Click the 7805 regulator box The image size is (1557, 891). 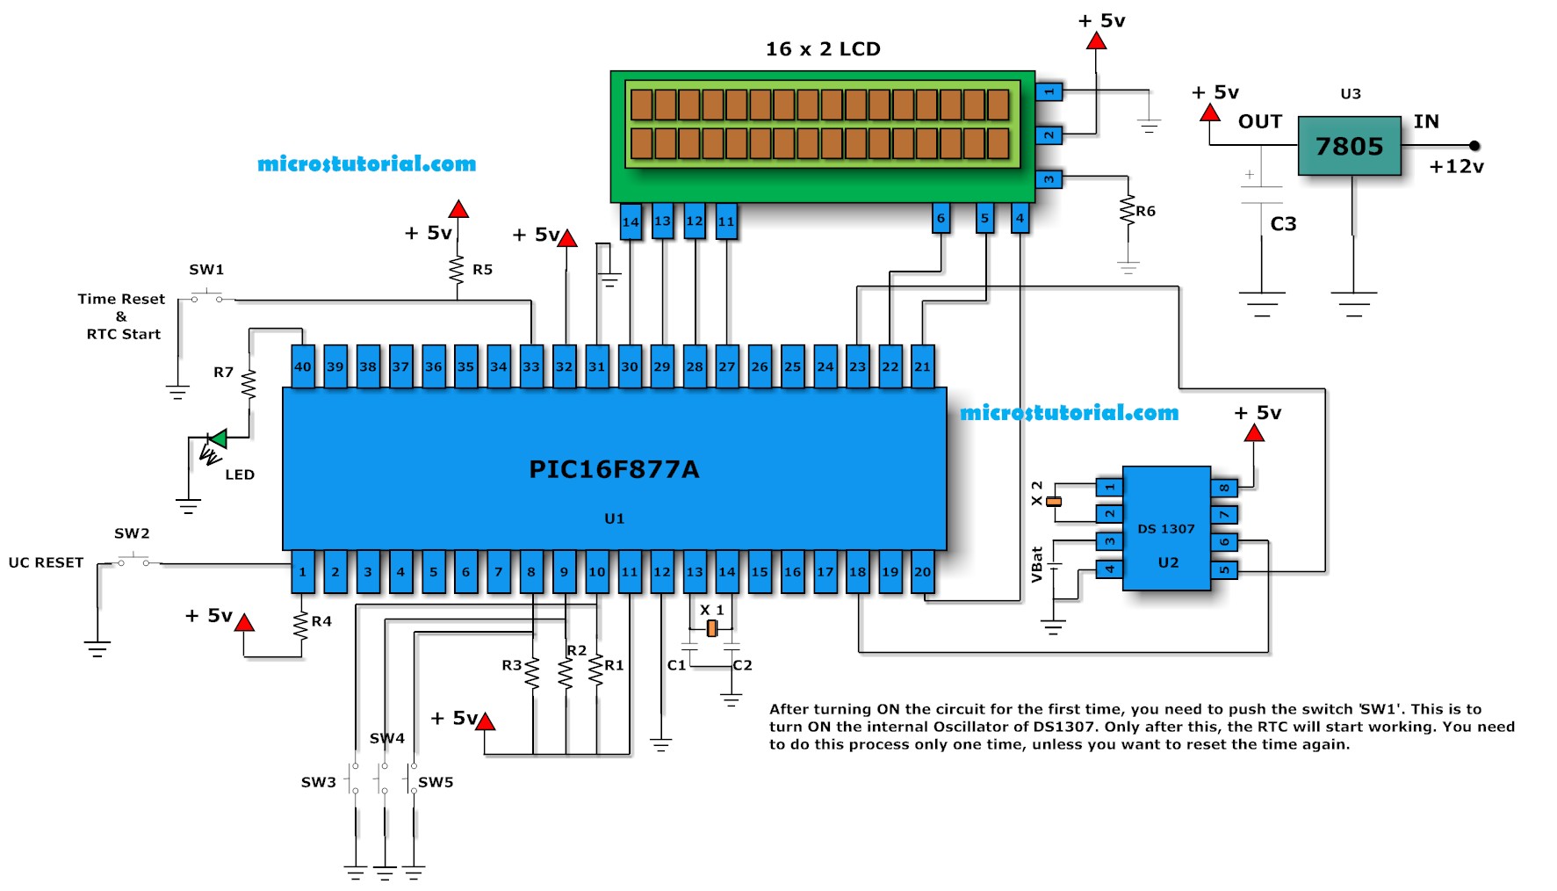click(1349, 146)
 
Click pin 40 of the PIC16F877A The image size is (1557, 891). click(302, 366)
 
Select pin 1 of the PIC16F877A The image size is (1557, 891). click(302, 572)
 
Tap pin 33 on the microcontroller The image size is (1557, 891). click(531, 366)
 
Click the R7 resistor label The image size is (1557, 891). click(223, 373)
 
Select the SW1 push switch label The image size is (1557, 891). click(206, 270)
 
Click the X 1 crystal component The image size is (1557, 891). click(712, 627)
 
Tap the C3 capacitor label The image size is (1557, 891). click(1283, 224)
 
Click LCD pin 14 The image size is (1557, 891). click(631, 221)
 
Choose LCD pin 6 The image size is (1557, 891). click(941, 218)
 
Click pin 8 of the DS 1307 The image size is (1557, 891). click(1224, 488)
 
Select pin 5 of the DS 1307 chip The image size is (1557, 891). click(1224, 570)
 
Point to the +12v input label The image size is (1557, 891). click(1456, 167)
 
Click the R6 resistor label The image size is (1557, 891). click(1145, 211)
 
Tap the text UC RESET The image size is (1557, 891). click(46, 562)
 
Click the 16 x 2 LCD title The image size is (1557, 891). click(823, 49)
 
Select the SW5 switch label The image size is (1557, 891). click(436, 782)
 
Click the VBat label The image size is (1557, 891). click(1037, 564)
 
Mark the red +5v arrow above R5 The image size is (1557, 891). click(458, 209)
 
